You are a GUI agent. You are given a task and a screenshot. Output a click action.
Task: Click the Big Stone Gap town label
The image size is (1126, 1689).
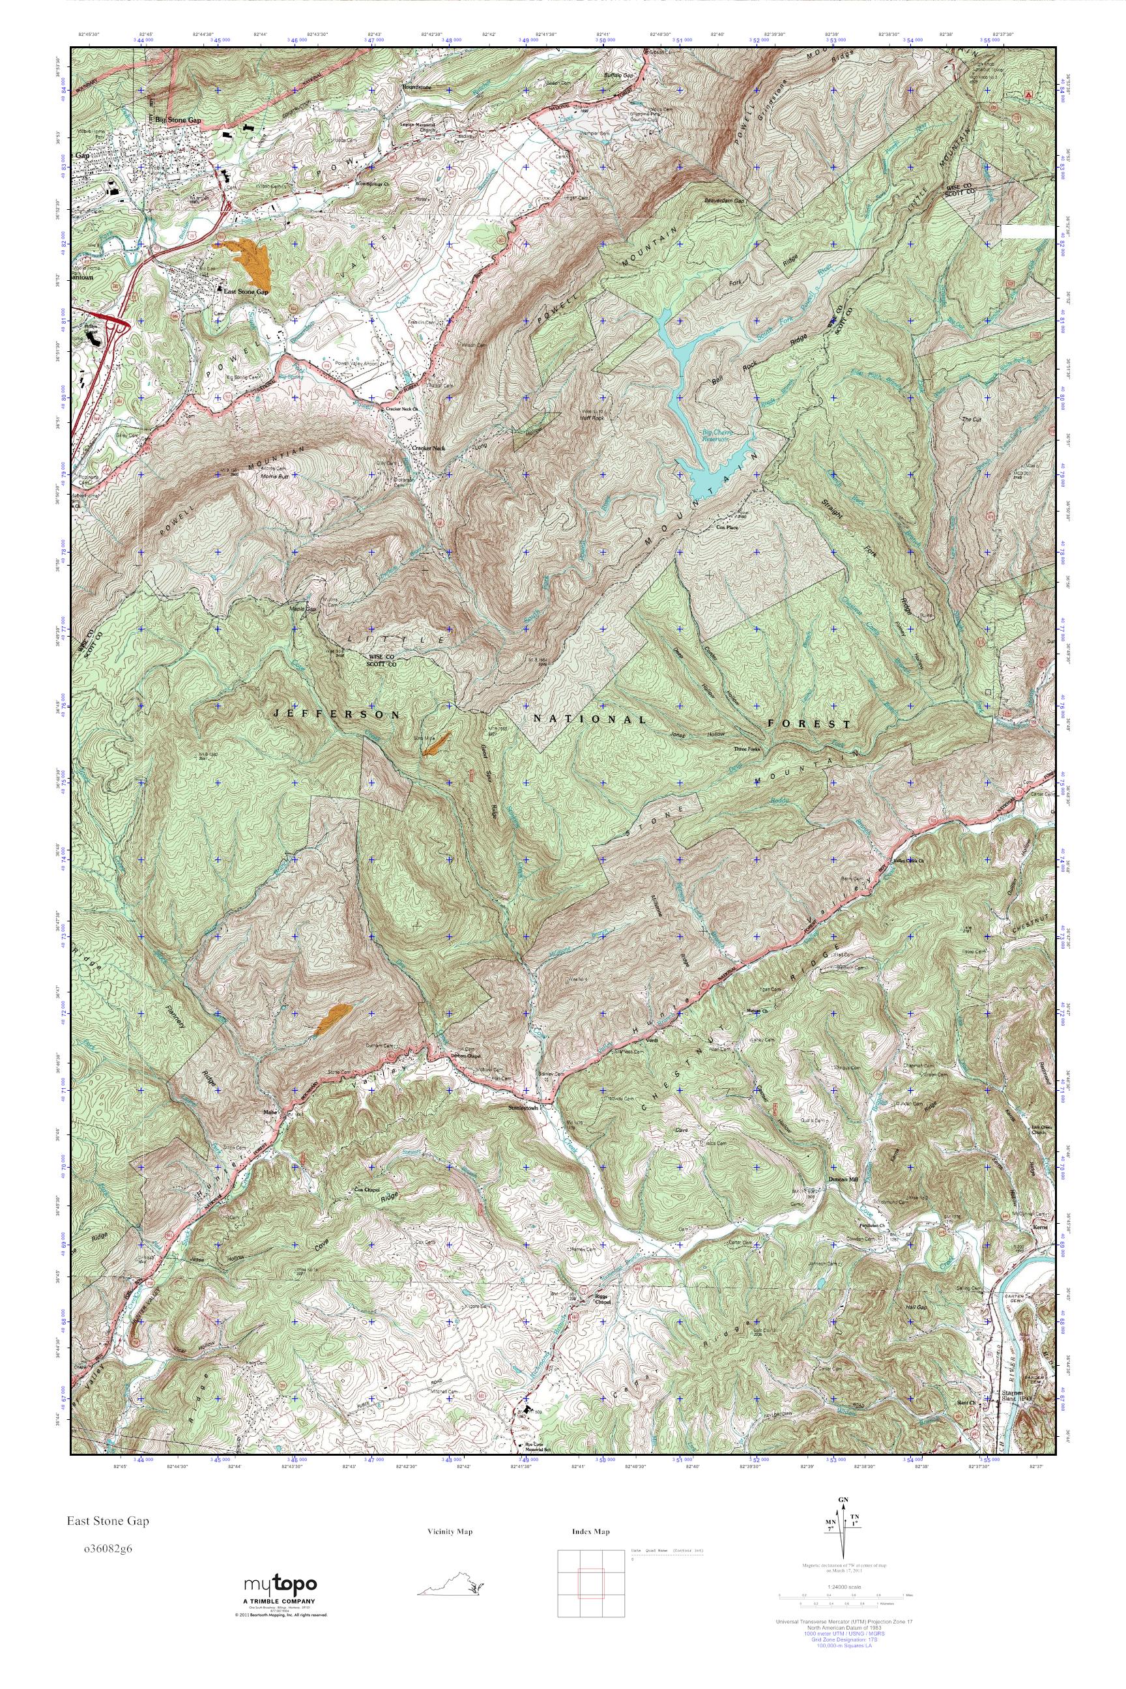176,120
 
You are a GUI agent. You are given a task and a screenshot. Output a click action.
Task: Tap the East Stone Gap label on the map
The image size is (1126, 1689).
246,291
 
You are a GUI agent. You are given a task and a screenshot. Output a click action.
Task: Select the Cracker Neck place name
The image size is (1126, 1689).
429,448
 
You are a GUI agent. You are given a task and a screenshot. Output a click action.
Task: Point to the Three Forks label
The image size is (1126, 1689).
745,748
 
